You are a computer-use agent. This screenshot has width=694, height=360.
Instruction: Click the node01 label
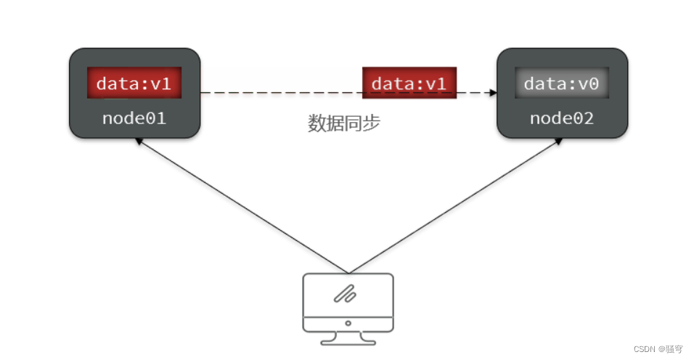tap(134, 118)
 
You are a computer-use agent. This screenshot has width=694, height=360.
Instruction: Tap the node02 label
tap(561, 118)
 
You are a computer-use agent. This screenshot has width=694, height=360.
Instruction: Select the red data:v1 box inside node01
tap(134, 83)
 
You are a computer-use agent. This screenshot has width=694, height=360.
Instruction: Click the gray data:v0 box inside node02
tap(561, 83)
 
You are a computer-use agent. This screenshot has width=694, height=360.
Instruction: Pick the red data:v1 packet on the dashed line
tap(409, 83)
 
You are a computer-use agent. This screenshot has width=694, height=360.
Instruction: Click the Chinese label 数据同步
tap(344, 123)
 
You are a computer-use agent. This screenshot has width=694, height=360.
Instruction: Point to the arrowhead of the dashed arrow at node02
tap(492, 93)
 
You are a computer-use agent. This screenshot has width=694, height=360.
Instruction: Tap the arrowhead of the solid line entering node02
tap(559, 140)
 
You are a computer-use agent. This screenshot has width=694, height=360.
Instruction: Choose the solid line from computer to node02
tap(454, 206)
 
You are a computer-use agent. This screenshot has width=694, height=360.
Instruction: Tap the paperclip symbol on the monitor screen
tap(344, 293)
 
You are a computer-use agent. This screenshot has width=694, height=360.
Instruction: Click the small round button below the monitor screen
tap(348, 323)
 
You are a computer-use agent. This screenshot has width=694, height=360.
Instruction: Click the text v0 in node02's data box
tap(589, 83)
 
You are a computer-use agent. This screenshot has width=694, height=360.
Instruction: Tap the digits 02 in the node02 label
tap(584, 118)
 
